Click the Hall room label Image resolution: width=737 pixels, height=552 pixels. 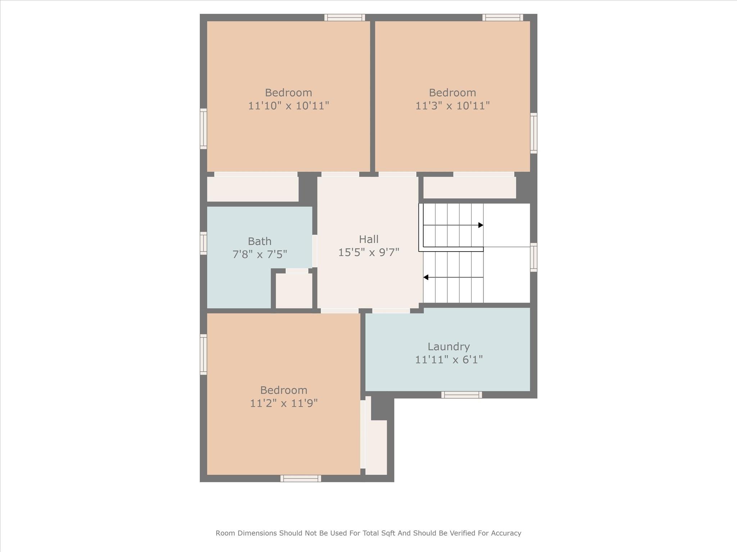(x=368, y=239)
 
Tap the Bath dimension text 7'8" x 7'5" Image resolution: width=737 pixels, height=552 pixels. (x=259, y=254)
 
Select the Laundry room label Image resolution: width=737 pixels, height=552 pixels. (x=448, y=347)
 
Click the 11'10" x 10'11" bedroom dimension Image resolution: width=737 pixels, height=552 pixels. (x=288, y=106)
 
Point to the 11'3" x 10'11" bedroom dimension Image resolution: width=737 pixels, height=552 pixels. (x=452, y=106)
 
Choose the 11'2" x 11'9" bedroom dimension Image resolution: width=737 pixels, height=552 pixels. (x=284, y=403)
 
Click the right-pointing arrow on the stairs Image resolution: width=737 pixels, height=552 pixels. (x=480, y=225)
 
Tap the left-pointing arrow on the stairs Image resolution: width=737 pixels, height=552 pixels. (x=426, y=277)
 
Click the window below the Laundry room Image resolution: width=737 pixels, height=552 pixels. (x=461, y=395)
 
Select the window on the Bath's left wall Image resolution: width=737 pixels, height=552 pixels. (x=203, y=243)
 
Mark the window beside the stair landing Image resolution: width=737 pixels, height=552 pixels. (x=534, y=257)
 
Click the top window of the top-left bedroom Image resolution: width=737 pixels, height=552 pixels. (x=344, y=18)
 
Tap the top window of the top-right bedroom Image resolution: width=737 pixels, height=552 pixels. (x=502, y=18)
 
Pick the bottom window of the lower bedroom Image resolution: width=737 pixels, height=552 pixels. (x=300, y=478)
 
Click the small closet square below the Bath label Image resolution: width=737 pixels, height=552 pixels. (x=294, y=291)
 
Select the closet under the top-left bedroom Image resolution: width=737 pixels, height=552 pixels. (x=253, y=189)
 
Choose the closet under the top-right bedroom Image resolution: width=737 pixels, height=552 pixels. (x=469, y=188)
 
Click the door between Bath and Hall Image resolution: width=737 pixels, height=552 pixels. (x=315, y=251)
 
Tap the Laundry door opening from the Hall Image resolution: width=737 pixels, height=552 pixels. (x=391, y=311)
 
